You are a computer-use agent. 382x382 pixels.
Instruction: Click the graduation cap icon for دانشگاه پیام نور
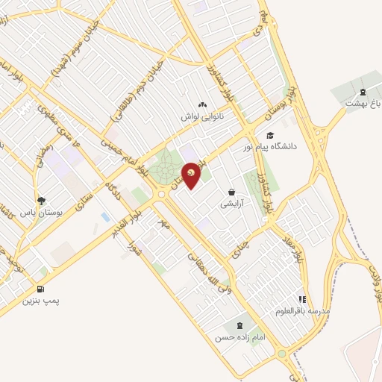coord(269,135)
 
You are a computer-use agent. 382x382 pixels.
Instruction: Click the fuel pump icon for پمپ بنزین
coord(39,289)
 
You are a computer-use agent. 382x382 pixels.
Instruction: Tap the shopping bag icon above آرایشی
coord(231,192)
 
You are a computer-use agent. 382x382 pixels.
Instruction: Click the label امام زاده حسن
coord(240,337)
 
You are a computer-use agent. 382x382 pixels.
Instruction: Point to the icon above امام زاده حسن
coord(239,325)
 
